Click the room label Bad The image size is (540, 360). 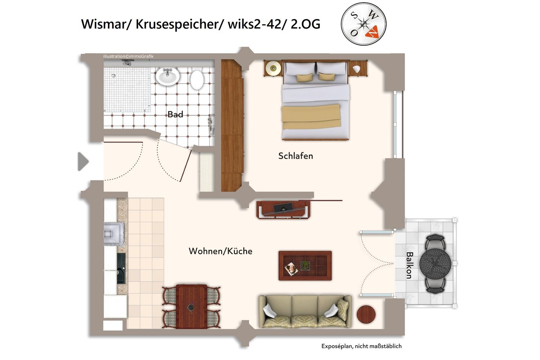pos(175,114)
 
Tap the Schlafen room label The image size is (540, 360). pos(295,156)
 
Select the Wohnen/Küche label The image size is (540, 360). pos(220,251)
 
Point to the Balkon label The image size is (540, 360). pos(409,265)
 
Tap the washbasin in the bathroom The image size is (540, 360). pos(167,76)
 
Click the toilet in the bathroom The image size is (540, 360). pos(197,79)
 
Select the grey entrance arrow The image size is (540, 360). pos(83,162)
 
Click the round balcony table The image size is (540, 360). pos(435,263)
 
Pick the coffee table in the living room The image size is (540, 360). pos(305,266)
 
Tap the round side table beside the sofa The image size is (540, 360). pos(366,314)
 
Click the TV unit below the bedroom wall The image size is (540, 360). pos(283,210)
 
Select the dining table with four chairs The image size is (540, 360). pos(191,306)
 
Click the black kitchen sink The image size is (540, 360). pos(121,268)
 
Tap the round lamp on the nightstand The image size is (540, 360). pos(273,68)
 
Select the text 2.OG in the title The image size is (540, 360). pos(305,24)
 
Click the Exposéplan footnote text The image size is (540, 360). pos(361,346)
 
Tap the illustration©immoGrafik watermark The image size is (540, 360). pos(128,57)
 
